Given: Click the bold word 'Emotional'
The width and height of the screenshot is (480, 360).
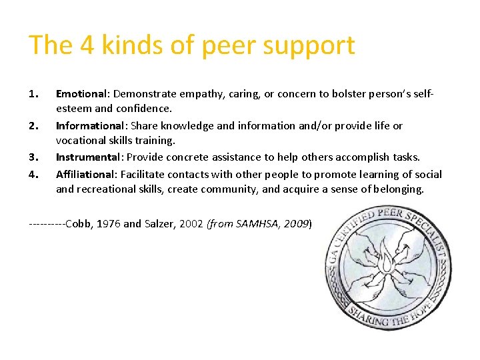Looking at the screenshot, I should pyautogui.click(x=81, y=94).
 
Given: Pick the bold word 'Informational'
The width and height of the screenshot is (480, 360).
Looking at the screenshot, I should pyautogui.click(x=90, y=125).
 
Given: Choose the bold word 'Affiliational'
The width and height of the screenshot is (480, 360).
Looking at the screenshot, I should pyautogui.click(x=85, y=174).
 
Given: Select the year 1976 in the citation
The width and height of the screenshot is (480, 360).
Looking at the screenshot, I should pyautogui.click(x=109, y=223).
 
